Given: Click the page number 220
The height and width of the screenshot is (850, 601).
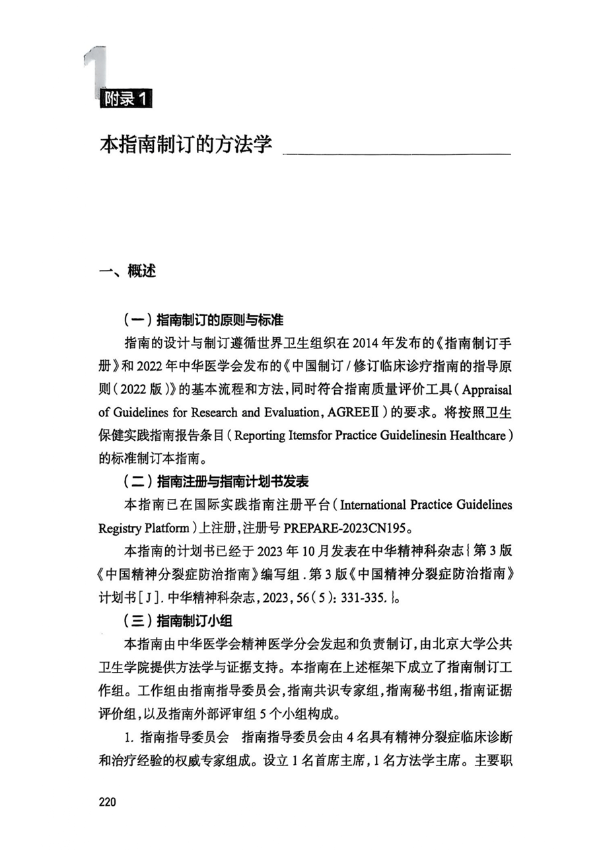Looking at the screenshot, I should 107,802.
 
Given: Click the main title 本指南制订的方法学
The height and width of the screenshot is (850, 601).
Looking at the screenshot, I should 186,145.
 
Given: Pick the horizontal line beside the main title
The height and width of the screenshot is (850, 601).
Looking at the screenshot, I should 396,154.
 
